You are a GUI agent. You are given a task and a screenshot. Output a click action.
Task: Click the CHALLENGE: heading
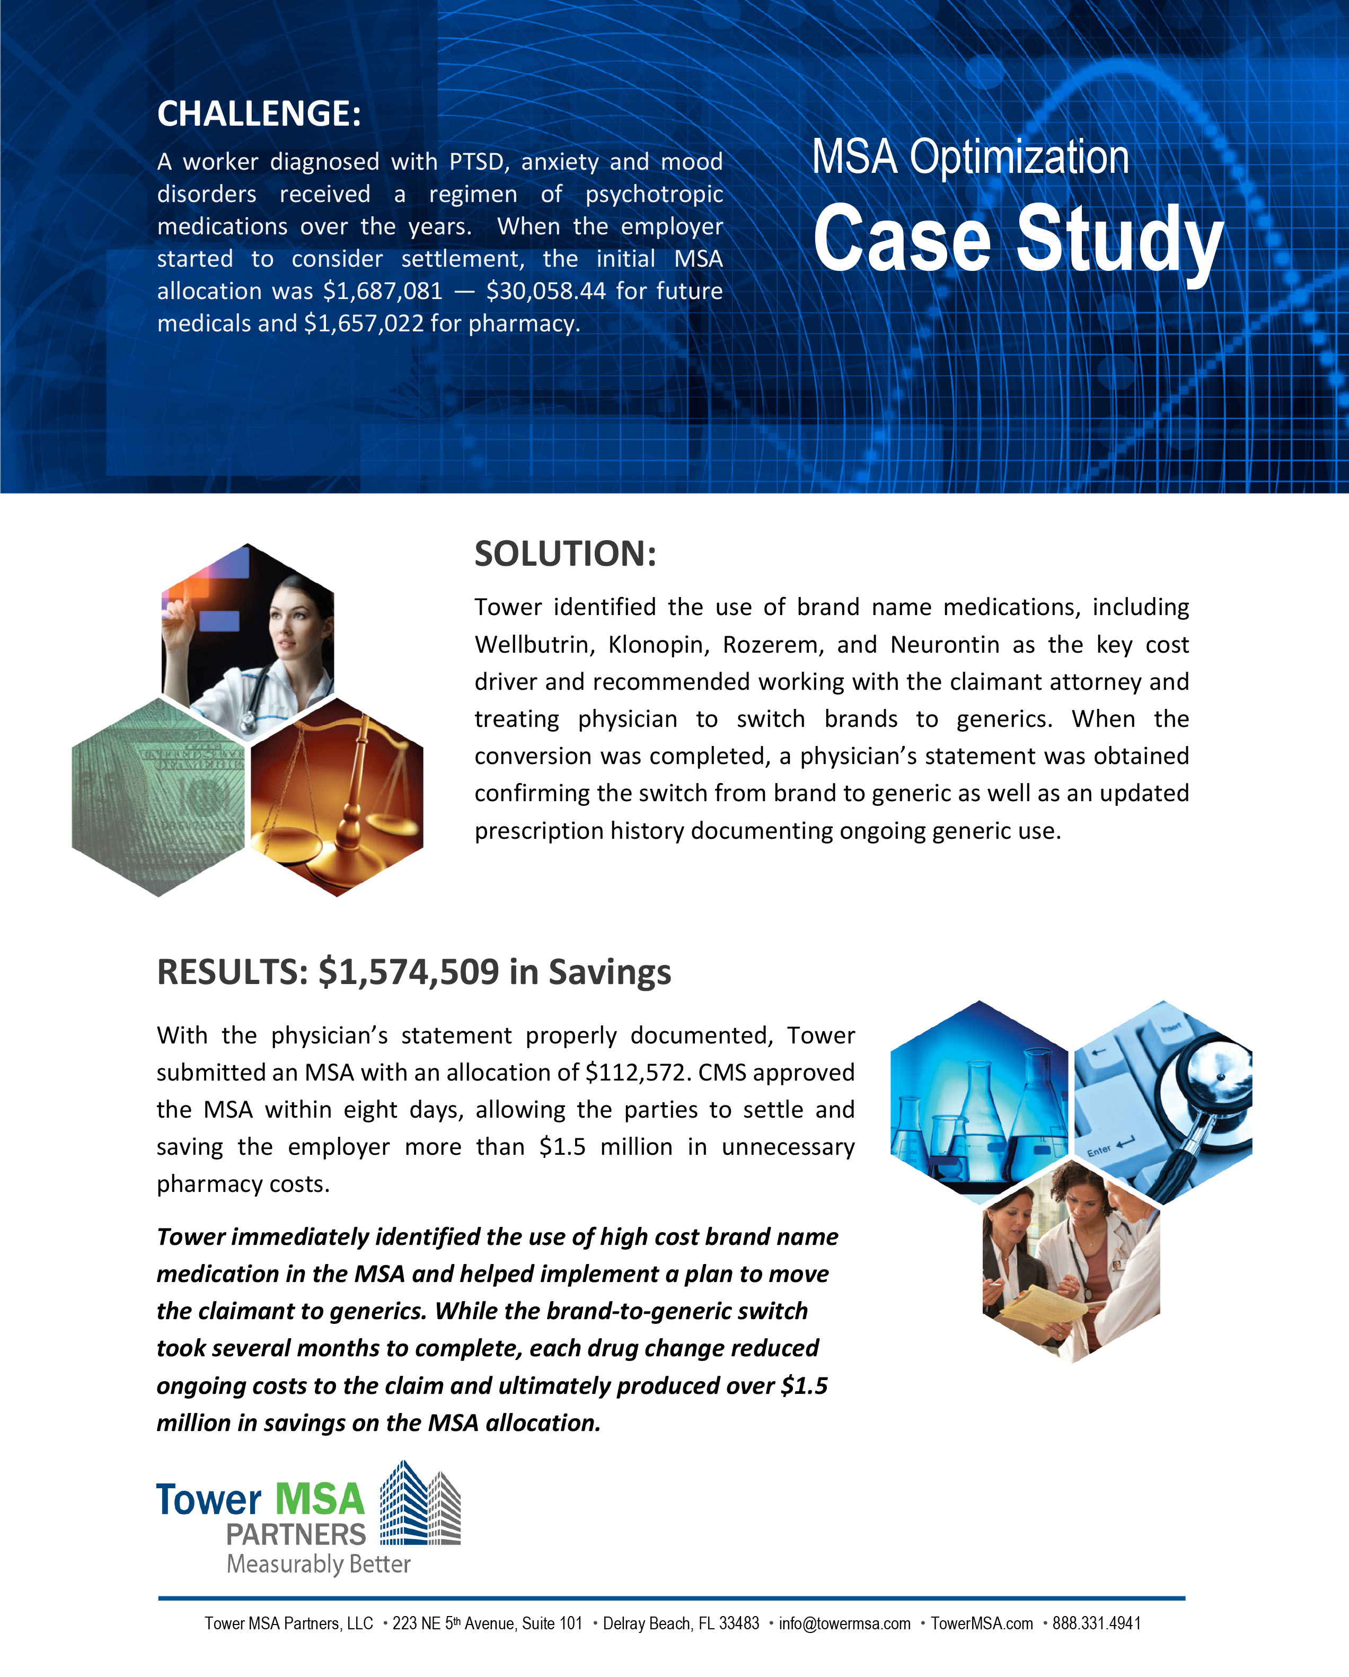click(259, 113)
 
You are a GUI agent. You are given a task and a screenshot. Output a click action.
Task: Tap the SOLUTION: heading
click(565, 555)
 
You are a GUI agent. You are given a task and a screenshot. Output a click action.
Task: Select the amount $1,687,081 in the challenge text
click(383, 292)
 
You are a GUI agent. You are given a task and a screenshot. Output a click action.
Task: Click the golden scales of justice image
click(338, 797)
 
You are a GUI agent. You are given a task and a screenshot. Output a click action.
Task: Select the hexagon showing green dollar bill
click(158, 797)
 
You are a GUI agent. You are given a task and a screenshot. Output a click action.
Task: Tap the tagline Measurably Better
click(318, 1564)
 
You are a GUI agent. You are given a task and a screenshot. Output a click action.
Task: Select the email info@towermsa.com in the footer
click(844, 1624)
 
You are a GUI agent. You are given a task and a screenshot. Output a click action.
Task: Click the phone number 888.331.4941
click(1096, 1624)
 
